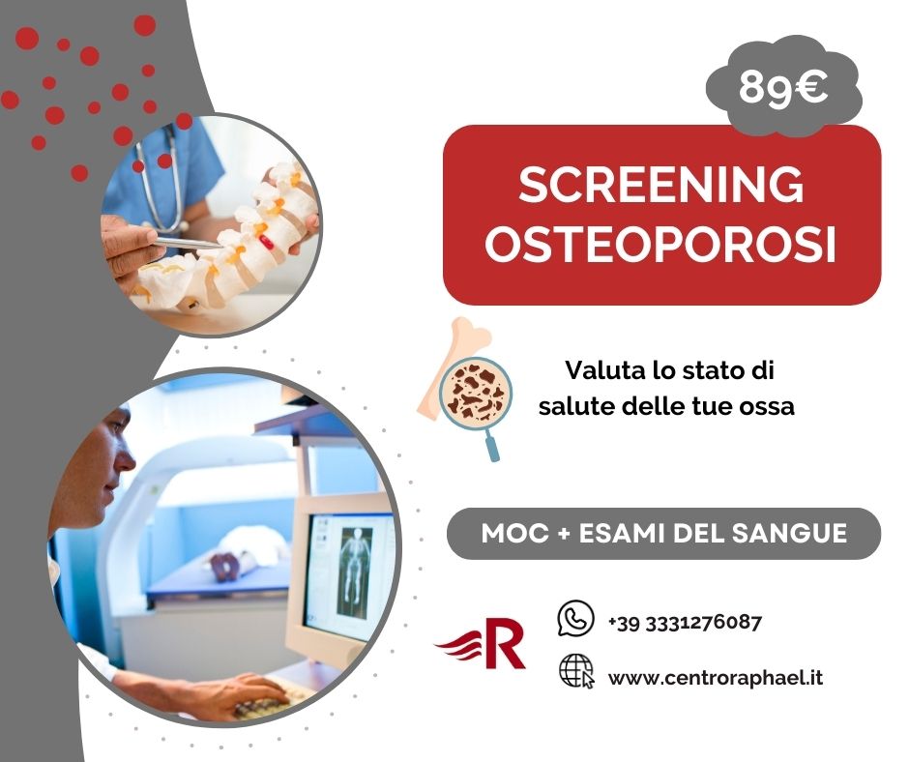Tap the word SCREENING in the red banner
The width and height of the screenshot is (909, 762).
(661, 185)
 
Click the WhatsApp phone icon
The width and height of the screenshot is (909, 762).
(576, 619)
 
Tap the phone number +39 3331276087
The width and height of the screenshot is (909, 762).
(685, 622)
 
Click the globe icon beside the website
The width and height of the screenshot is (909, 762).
(576, 670)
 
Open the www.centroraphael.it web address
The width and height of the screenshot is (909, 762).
(715, 678)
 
